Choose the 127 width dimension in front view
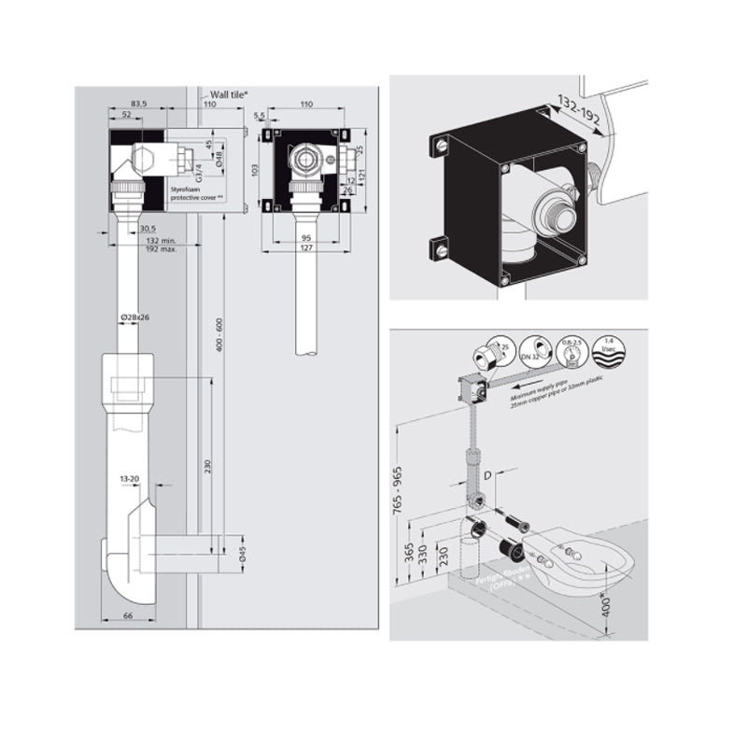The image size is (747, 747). [x=307, y=248]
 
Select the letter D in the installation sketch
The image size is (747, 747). [x=486, y=475]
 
